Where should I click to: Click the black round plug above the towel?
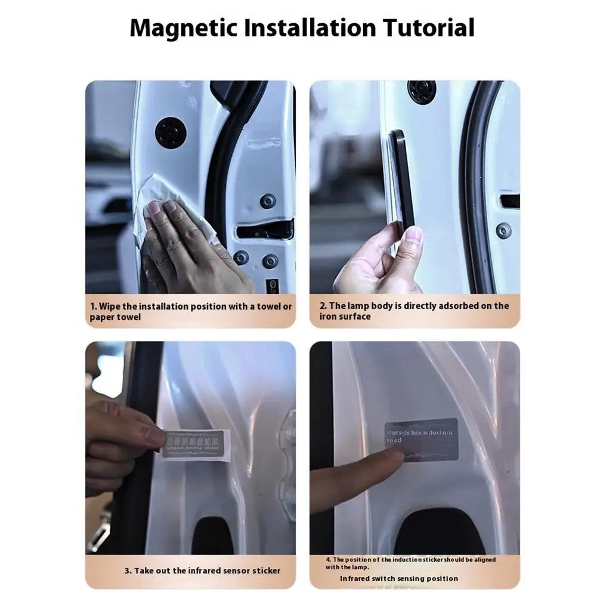click(x=171, y=132)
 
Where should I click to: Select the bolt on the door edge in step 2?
click(x=504, y=230)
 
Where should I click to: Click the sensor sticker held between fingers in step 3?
click(x=193, y=443)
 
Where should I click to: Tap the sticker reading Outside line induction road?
click(x=421, y=438)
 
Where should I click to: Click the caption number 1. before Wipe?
click(x=94, y=307)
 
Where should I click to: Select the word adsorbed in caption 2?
click(x=458, y=306)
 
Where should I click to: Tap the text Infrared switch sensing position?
click(x=399, y=578)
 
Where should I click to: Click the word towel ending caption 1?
click(x=128, y=317)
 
